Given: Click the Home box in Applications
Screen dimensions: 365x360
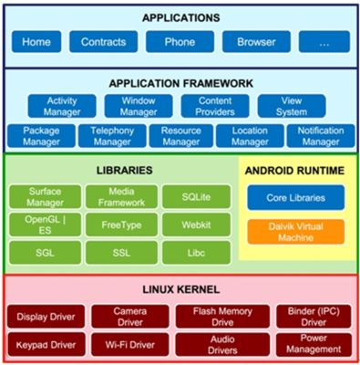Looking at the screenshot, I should pos(36,42).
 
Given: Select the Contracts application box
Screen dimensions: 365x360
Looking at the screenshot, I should pos(104,42).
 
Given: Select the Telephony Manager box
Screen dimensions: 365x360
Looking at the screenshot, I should pos(111,137).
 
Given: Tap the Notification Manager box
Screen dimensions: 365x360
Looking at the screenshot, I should pos(319,137).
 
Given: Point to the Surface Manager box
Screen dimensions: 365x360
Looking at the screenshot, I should pos(45,195).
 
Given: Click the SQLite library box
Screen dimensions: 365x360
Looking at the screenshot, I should pos(192,195).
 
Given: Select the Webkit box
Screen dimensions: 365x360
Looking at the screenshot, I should pos(192,224).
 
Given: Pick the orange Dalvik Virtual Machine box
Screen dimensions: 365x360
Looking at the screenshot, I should pos(295,230).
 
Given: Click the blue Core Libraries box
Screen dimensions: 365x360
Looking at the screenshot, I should pos(295,197).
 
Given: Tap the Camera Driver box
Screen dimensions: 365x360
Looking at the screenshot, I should pos(126,316).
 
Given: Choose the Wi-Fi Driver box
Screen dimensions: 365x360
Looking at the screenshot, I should pos(126,344).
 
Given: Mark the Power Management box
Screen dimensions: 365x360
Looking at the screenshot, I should pos(313,344).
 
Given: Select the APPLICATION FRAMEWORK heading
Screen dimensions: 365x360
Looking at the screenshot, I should pos(180,83).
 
